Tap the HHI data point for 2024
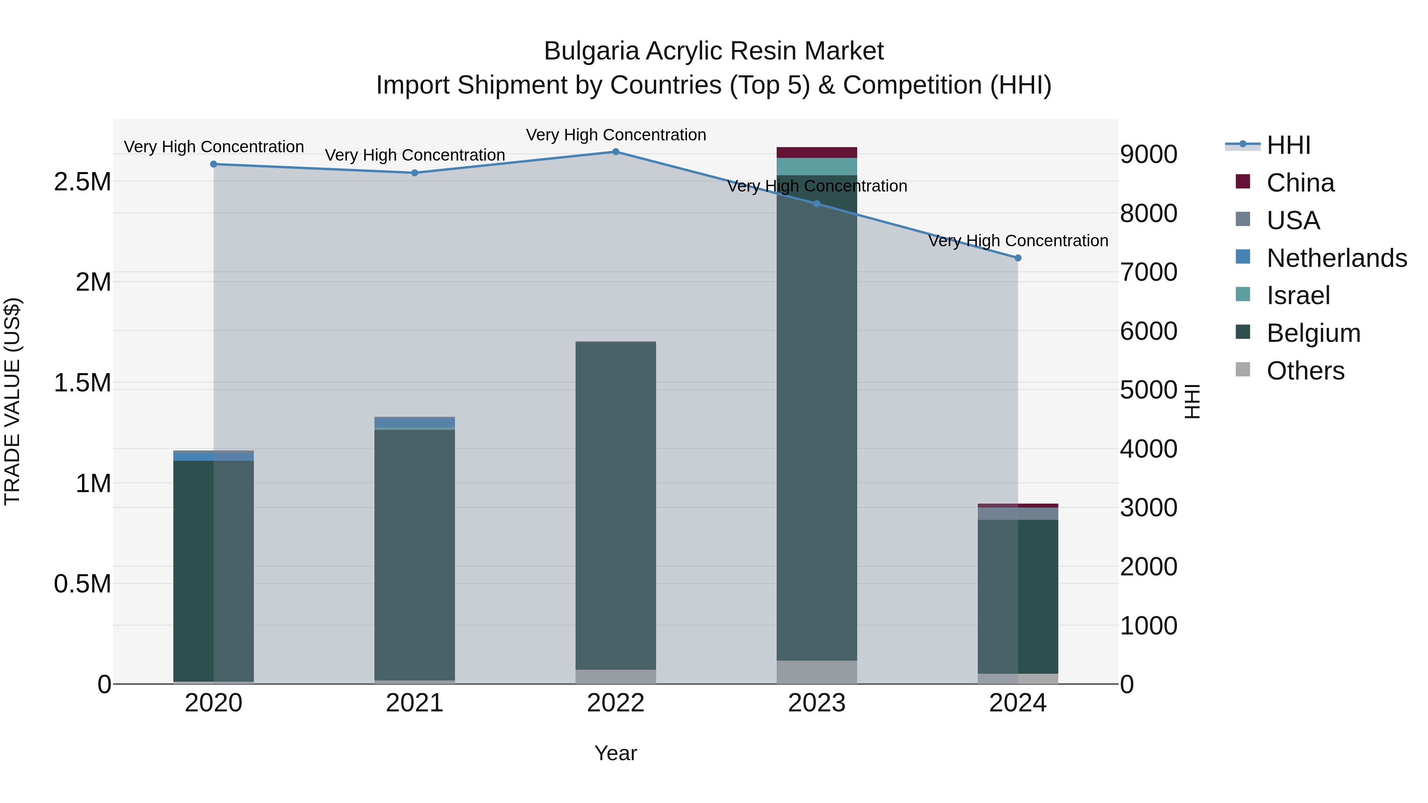1018,258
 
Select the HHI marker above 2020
213,164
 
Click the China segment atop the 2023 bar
817,152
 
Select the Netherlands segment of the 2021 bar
415,422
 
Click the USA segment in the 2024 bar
1018,514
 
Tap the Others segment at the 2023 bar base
817,672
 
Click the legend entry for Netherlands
1336,258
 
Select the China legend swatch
1243,182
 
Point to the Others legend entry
1305,371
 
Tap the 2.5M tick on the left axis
83,182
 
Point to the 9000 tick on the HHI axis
1149,154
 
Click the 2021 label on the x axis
415,703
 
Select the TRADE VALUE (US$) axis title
13,401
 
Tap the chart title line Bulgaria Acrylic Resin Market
714,51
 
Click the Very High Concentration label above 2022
616,135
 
